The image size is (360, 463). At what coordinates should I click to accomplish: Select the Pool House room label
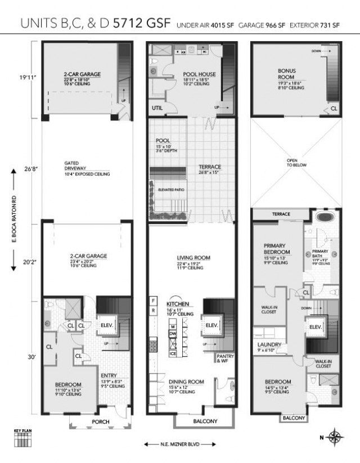click(x=196, y=74)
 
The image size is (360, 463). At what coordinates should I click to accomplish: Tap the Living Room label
click(x=193, y=258)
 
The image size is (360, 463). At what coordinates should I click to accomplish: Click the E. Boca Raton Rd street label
click(x=13, y=223)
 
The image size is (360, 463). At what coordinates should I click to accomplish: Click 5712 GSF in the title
click(x=143, y=24)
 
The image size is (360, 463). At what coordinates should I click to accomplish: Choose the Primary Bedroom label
click(x=277, y=249)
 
